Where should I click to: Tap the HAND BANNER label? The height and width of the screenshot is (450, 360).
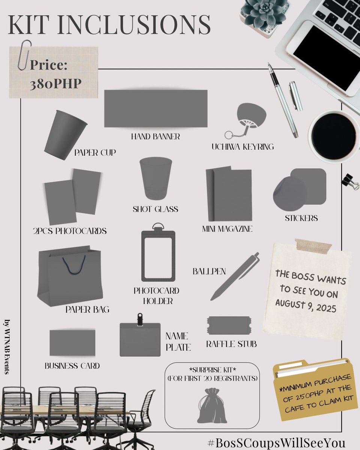point(155,136)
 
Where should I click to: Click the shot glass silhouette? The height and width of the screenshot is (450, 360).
point(155,178)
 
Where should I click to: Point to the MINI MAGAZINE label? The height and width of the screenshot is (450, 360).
point(227,229)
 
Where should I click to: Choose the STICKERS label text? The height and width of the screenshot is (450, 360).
point(301,218)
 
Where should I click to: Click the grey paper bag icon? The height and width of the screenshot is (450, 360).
point(70,276)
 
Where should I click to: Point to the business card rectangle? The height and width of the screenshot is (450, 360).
point(72,343)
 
